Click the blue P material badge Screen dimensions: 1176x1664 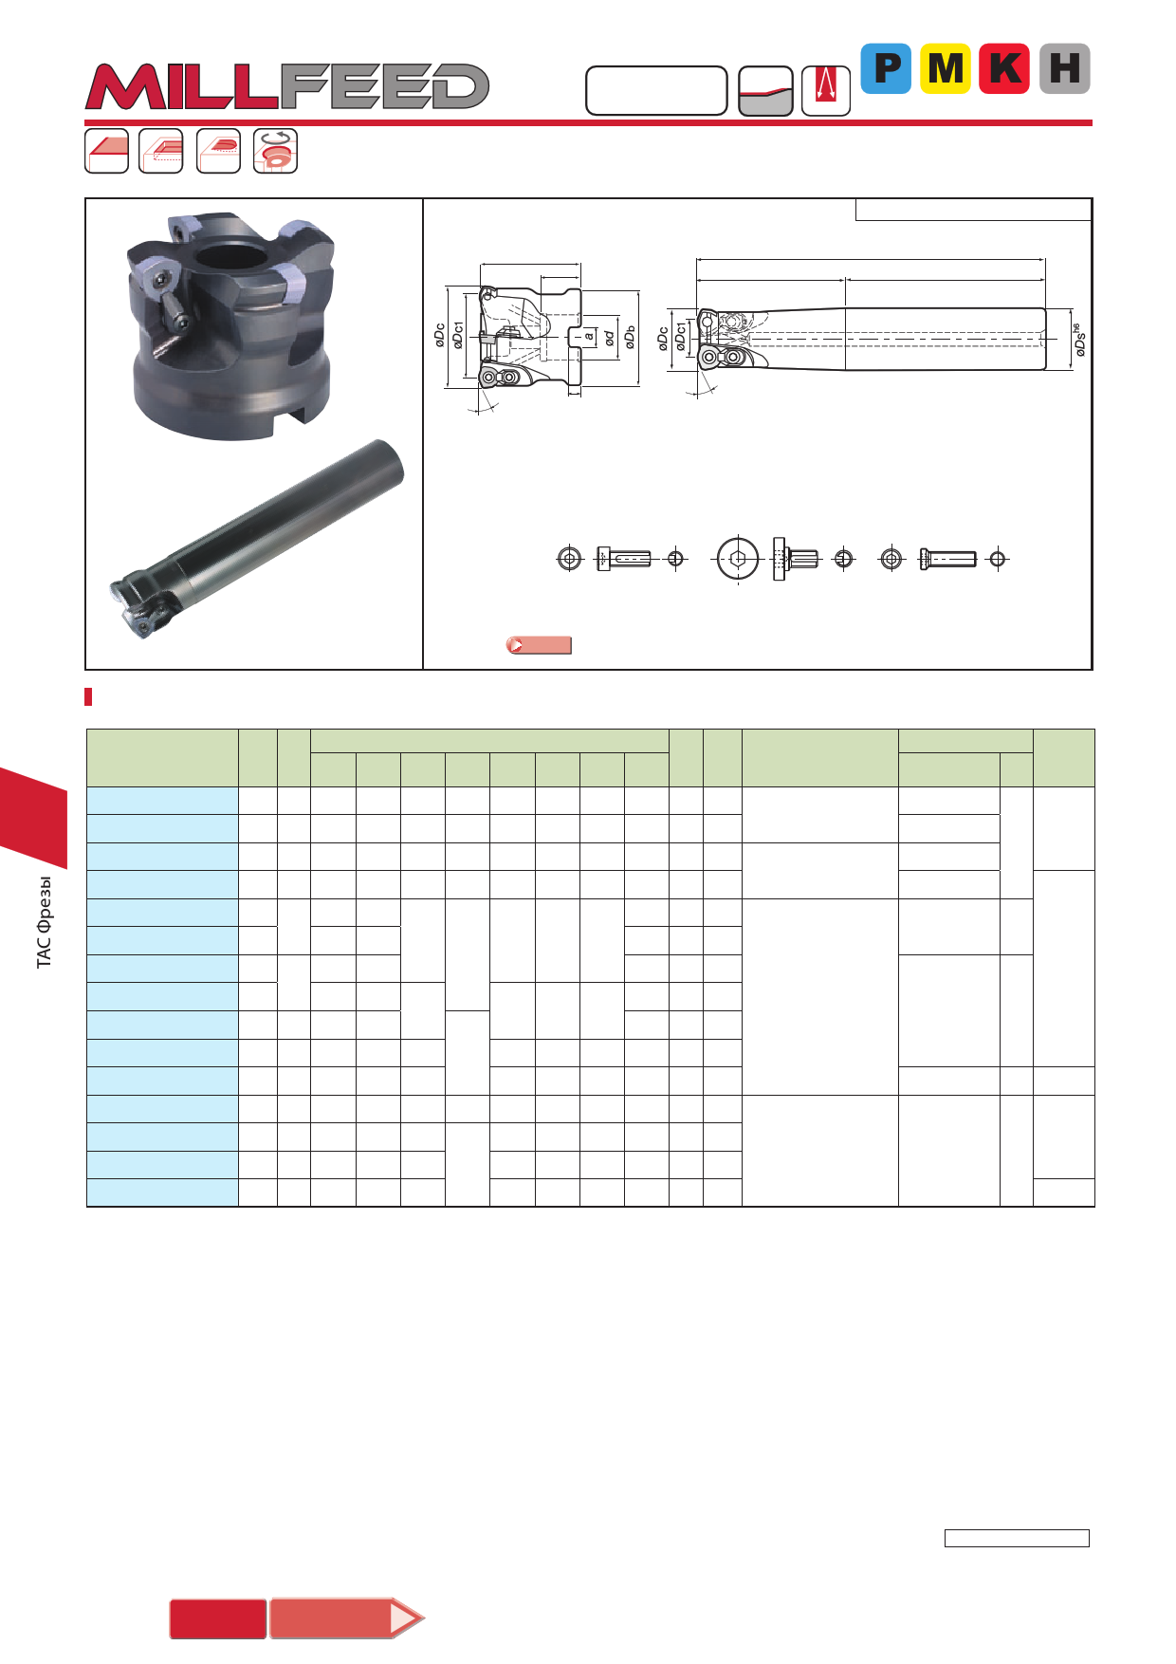(886, 68)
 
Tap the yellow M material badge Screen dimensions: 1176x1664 (946, 68)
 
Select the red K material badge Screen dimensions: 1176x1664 (1004, 68)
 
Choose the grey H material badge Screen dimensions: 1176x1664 (1065, 68)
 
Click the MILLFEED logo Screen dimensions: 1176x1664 (287, 86)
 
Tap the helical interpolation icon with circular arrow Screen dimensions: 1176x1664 (276, 151)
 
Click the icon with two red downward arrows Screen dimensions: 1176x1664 (826, 91)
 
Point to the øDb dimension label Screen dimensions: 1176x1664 (631, 338)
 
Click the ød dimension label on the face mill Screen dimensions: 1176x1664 (610, 337)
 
